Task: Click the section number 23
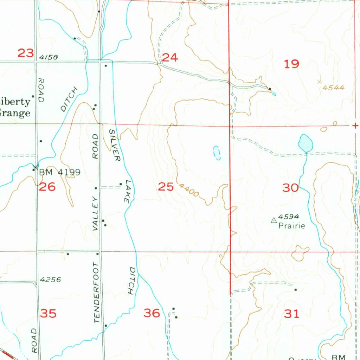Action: point(26,53)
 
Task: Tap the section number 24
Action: point(170,57)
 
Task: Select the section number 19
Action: point(291,64)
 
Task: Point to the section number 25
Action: point(166,187)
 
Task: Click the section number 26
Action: point(47,187)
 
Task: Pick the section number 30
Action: point(290,188)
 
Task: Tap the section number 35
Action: point(48,313)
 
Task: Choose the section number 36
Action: point(152,313)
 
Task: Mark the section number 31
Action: point(291,313)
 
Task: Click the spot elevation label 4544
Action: point(333,88)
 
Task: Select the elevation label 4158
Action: point(49,57)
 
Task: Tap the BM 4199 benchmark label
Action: point(60,172)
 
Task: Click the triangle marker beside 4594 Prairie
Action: point(273,220)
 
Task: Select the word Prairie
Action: point(291,226)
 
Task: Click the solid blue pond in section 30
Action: point(305,143)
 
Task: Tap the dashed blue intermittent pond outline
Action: point(217,153)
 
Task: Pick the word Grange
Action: point(15,113)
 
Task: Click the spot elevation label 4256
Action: point(50,280)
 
